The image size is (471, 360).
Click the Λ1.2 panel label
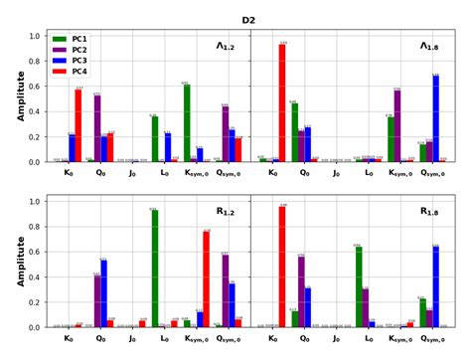pos(227,46)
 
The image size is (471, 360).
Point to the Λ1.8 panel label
pos(429,46)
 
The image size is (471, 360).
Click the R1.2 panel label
pos(227,211)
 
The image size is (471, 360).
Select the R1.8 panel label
pos(429,211)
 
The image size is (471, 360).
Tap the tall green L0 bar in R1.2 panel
pos(155,269)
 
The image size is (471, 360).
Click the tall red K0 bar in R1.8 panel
pos(283,267)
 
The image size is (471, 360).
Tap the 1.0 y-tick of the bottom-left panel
pos(37,201)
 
